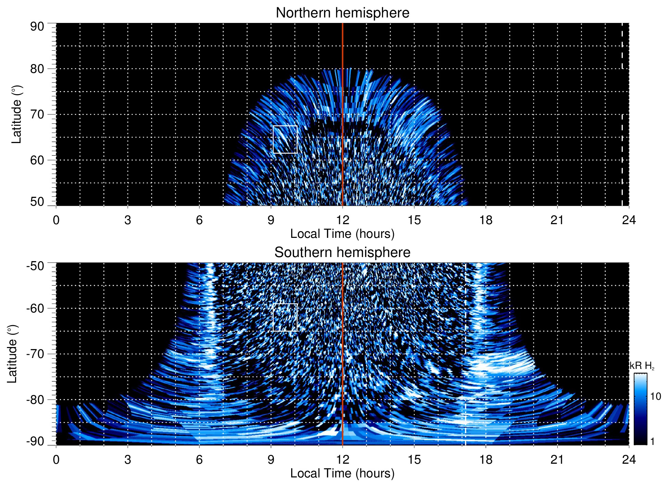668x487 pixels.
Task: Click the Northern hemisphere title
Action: pos(342,13)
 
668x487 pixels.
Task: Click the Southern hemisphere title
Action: pos(342,253)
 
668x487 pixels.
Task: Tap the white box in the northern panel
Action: pos(285,139)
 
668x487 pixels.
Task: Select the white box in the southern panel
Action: pos(285,317)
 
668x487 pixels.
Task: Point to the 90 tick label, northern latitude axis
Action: pos(37,27)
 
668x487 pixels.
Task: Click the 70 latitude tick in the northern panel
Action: pos(37,114)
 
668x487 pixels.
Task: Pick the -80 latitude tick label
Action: pos(35,399)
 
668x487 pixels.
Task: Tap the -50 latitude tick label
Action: pos(35,266)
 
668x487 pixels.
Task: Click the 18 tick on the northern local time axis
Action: pos(485,220)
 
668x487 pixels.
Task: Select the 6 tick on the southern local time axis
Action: pos(199,460)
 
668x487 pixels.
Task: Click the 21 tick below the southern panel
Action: pos(557,460)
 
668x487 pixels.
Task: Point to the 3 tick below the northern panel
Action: pos(127,220)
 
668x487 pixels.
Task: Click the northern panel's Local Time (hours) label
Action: pos(342,234)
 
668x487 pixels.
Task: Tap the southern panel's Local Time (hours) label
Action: pos(342,473)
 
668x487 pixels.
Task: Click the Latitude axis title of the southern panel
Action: pos(12,354)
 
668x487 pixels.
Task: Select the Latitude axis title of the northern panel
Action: pos(16,114)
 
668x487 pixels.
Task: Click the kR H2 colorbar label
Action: pos(642,366)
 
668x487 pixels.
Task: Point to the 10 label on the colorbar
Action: pos(655,397)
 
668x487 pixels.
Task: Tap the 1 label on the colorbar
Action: pos(652,441)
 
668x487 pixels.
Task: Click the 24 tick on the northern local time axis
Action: pos(629,220)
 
